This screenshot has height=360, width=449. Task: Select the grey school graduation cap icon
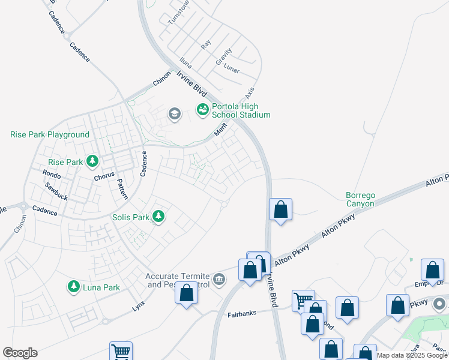click(175, 114)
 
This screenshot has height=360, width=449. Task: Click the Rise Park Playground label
click(50, 134)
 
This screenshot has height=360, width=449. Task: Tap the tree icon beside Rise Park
click(92, 161)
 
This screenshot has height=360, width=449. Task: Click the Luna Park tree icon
click(74, 287)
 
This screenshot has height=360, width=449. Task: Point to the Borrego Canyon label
click(360, 199)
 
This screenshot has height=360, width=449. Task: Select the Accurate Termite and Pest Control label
click(178, 280)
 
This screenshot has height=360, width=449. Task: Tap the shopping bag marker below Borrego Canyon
click(280, 209)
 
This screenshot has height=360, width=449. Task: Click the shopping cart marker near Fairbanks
click(303, 300)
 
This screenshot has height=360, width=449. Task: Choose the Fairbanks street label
click(243, 314)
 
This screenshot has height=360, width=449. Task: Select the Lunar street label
click(231, 70)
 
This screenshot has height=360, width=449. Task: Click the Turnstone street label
click(178, 11)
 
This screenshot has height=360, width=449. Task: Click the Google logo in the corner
click(20, 353)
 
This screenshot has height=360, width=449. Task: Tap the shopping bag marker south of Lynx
click(186, 293)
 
